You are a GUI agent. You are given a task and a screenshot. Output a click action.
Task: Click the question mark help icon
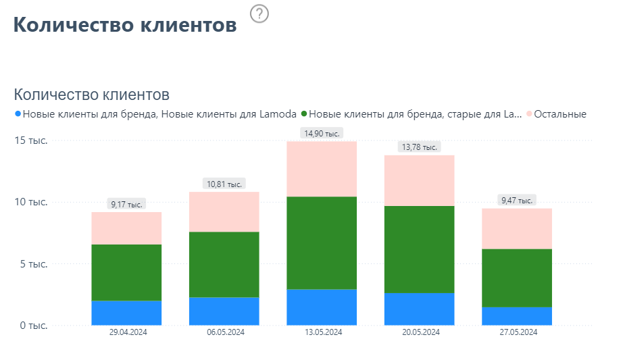pyautogui.click(x=259, y=14)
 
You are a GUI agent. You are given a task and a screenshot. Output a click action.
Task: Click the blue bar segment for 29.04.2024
pyautogui.click(x=126, y=313)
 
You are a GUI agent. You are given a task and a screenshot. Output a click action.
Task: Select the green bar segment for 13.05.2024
pyautogui.click(x=322, y=243)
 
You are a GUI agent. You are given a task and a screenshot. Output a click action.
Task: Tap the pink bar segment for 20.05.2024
pyautogui.click(x=419, y=180)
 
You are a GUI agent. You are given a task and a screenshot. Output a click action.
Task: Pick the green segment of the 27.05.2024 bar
pyautogui.click(x=517, y=278)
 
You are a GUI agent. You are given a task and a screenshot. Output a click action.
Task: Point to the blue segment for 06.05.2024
pyautogui.click(x=224, y=311)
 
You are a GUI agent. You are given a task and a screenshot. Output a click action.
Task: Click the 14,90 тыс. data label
pyautogui.click(x=322, y=133)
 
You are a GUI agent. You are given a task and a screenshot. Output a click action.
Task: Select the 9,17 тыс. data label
pyautogui.click(x=126, y=204)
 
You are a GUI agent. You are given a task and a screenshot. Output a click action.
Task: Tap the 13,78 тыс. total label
pyautogui.click(x=419, y=147)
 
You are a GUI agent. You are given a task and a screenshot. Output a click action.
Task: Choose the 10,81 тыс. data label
pyautogui.click(x=224, y=184)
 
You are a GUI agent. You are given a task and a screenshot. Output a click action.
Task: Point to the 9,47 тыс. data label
pyautogui.click(x=516, y=200)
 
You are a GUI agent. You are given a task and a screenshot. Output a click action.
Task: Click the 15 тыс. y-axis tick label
pyautogui.click(x=31, y=140)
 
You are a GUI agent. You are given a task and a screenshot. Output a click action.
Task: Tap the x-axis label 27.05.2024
pyautogui.click(x=518, y=332)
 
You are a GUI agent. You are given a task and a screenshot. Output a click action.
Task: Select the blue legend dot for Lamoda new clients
pyautogui.click(x=18, y=114)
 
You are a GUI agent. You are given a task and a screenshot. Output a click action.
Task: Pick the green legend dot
pyautogui.click(x=304, y=114)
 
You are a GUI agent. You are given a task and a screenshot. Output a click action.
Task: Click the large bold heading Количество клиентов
pyautogui.click(x=125, y=25)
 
